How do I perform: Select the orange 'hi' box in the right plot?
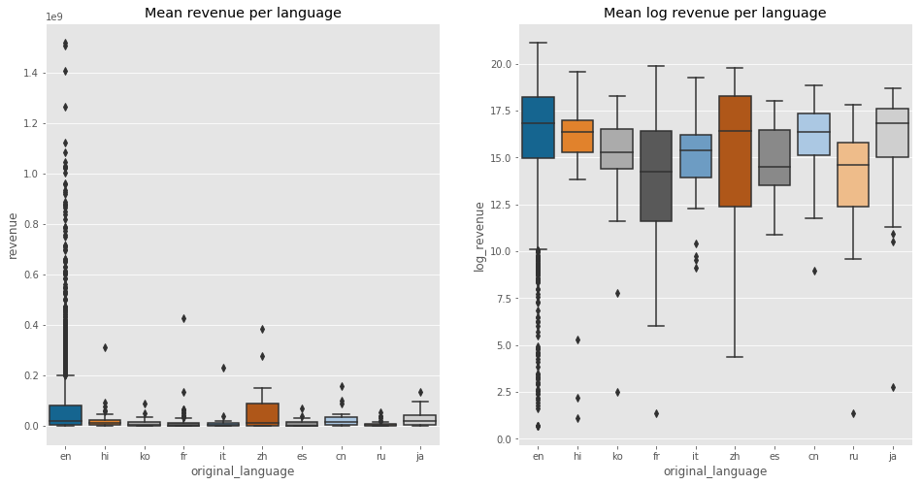(576, 136)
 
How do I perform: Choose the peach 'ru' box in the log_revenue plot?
(852, 175)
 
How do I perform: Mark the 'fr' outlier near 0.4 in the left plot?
(183, 318)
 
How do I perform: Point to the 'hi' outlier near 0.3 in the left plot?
(105, 347)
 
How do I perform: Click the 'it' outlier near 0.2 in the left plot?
(223, 368)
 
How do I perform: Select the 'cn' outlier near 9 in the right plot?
(813, 271)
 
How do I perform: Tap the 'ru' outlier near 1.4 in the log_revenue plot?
(852, 413)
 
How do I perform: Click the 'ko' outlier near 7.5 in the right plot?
(616, 293)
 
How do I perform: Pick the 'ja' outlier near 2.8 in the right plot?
(892, 387)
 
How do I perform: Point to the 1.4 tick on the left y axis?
(31, 74)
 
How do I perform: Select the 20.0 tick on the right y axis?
(500, 65)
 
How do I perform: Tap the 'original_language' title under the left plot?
(243, 471)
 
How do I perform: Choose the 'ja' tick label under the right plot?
(892, 456)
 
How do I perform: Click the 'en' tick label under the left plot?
(65, 456)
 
